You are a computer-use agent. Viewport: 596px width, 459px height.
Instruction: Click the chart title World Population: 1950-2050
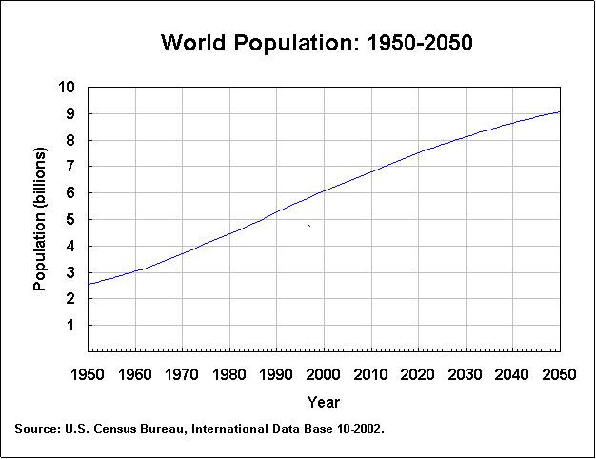[317, 43]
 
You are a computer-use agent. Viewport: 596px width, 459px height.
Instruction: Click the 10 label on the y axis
[67, 87]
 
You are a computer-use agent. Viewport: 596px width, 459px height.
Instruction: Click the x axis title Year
[324, 402]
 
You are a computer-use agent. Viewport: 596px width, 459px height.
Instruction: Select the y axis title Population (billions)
[40, 219]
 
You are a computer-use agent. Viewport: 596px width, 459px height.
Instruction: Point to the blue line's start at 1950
[89, 284]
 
